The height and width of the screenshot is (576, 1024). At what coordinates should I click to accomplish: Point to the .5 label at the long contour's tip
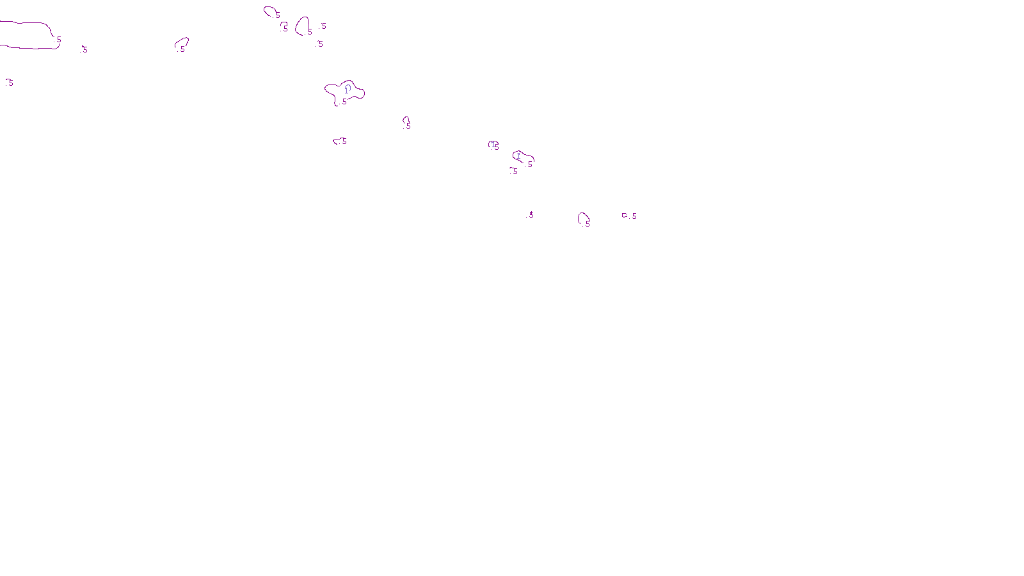(x=58, y=40)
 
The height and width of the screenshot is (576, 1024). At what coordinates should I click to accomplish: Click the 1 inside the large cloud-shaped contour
(x=347, y=90)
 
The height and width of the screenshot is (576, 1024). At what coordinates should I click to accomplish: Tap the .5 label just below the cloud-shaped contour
(x=344, y=102)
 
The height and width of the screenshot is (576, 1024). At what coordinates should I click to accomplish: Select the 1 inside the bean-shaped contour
(x=518, y=156)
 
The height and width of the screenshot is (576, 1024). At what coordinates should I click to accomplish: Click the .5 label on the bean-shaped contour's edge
(x=529, y=164)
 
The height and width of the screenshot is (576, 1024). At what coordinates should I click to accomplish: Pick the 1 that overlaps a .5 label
(x=493, y=144)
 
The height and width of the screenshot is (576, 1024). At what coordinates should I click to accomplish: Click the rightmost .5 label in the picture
(x=633, y=216)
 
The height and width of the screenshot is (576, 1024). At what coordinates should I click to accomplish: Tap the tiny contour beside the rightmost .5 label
(x=625, y=216)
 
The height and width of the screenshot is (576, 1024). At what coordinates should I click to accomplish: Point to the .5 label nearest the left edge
(x=10, y=83)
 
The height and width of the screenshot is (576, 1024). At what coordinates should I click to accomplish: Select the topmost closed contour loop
(x=269, y=9)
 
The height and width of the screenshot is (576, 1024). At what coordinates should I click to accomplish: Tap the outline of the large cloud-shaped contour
(x=328, y=86)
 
